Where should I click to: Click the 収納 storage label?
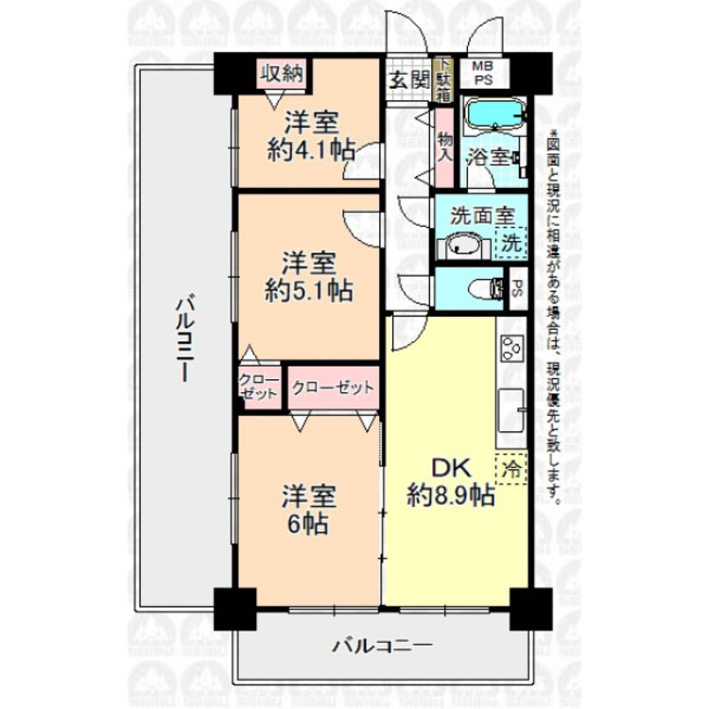282,73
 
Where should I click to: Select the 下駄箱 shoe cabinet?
444,79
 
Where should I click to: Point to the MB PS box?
483,73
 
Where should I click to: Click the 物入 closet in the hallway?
444,147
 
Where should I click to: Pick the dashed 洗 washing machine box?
510,242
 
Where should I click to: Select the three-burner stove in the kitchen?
511,351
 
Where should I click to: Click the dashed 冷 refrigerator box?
510,467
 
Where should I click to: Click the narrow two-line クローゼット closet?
258,388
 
